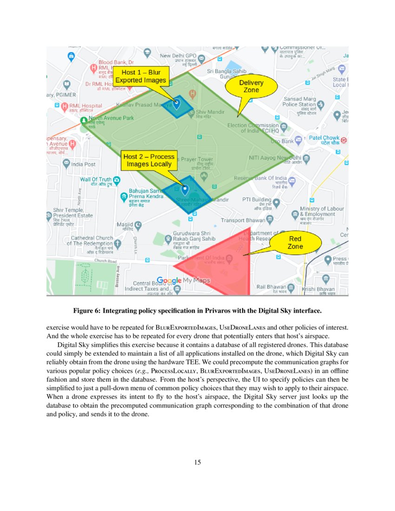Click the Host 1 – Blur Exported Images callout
pos(140,77)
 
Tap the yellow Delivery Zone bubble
pos(251,86)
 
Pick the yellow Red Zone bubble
pos(295,242)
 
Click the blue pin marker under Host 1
pos(177,103)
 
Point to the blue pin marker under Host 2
pos(185,190)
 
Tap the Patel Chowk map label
pos(324,138)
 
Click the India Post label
pos(83,164)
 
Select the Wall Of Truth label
pos(96,179)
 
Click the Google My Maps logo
pos(184,280)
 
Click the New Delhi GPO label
pos(179,56)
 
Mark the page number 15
pos(197,462)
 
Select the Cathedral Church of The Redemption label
pos(90,241)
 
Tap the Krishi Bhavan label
pos(318,289)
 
